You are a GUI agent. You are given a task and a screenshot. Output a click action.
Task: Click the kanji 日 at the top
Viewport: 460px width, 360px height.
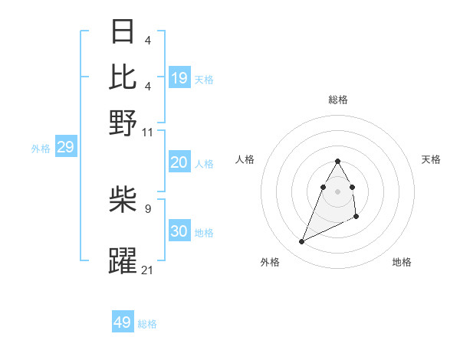(123, 33)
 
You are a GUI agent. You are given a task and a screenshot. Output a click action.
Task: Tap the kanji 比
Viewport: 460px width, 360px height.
(123, 77)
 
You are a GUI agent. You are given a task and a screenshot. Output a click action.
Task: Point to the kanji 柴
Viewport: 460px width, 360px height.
(123, 201)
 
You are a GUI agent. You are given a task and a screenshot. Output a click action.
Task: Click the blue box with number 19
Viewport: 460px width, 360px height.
(179, 77)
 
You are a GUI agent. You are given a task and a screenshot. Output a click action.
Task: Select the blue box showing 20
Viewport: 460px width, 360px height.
(179, 162)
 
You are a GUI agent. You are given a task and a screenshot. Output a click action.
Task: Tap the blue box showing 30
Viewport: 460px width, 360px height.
(179, 232)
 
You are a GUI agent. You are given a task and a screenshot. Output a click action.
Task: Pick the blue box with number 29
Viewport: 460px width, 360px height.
(65, 147)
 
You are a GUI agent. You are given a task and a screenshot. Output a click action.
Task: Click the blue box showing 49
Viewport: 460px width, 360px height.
(123, 322)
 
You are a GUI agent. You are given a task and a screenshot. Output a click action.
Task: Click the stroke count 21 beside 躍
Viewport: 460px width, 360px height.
(147, 269)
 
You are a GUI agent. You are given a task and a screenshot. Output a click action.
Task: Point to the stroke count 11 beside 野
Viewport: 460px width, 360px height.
(147, 132)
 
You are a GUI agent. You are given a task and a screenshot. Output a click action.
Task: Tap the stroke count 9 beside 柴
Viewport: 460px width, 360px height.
(147, 207)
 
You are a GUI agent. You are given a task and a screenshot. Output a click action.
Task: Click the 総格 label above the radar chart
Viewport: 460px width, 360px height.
(337, 100)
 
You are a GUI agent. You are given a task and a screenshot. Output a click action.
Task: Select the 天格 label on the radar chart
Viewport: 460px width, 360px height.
(431, 159)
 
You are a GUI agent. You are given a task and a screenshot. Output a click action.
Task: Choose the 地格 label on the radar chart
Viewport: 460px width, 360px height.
(402, 262)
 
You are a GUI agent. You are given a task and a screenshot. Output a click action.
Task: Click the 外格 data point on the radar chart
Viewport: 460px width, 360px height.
(301, 242)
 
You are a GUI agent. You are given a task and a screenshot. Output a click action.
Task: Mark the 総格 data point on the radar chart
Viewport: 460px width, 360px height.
(337, 161)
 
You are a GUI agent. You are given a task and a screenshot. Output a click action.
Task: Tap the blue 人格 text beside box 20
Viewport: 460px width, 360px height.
(204, 163)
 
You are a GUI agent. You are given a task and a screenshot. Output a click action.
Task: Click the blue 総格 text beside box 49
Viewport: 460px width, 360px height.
(147, 323)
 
